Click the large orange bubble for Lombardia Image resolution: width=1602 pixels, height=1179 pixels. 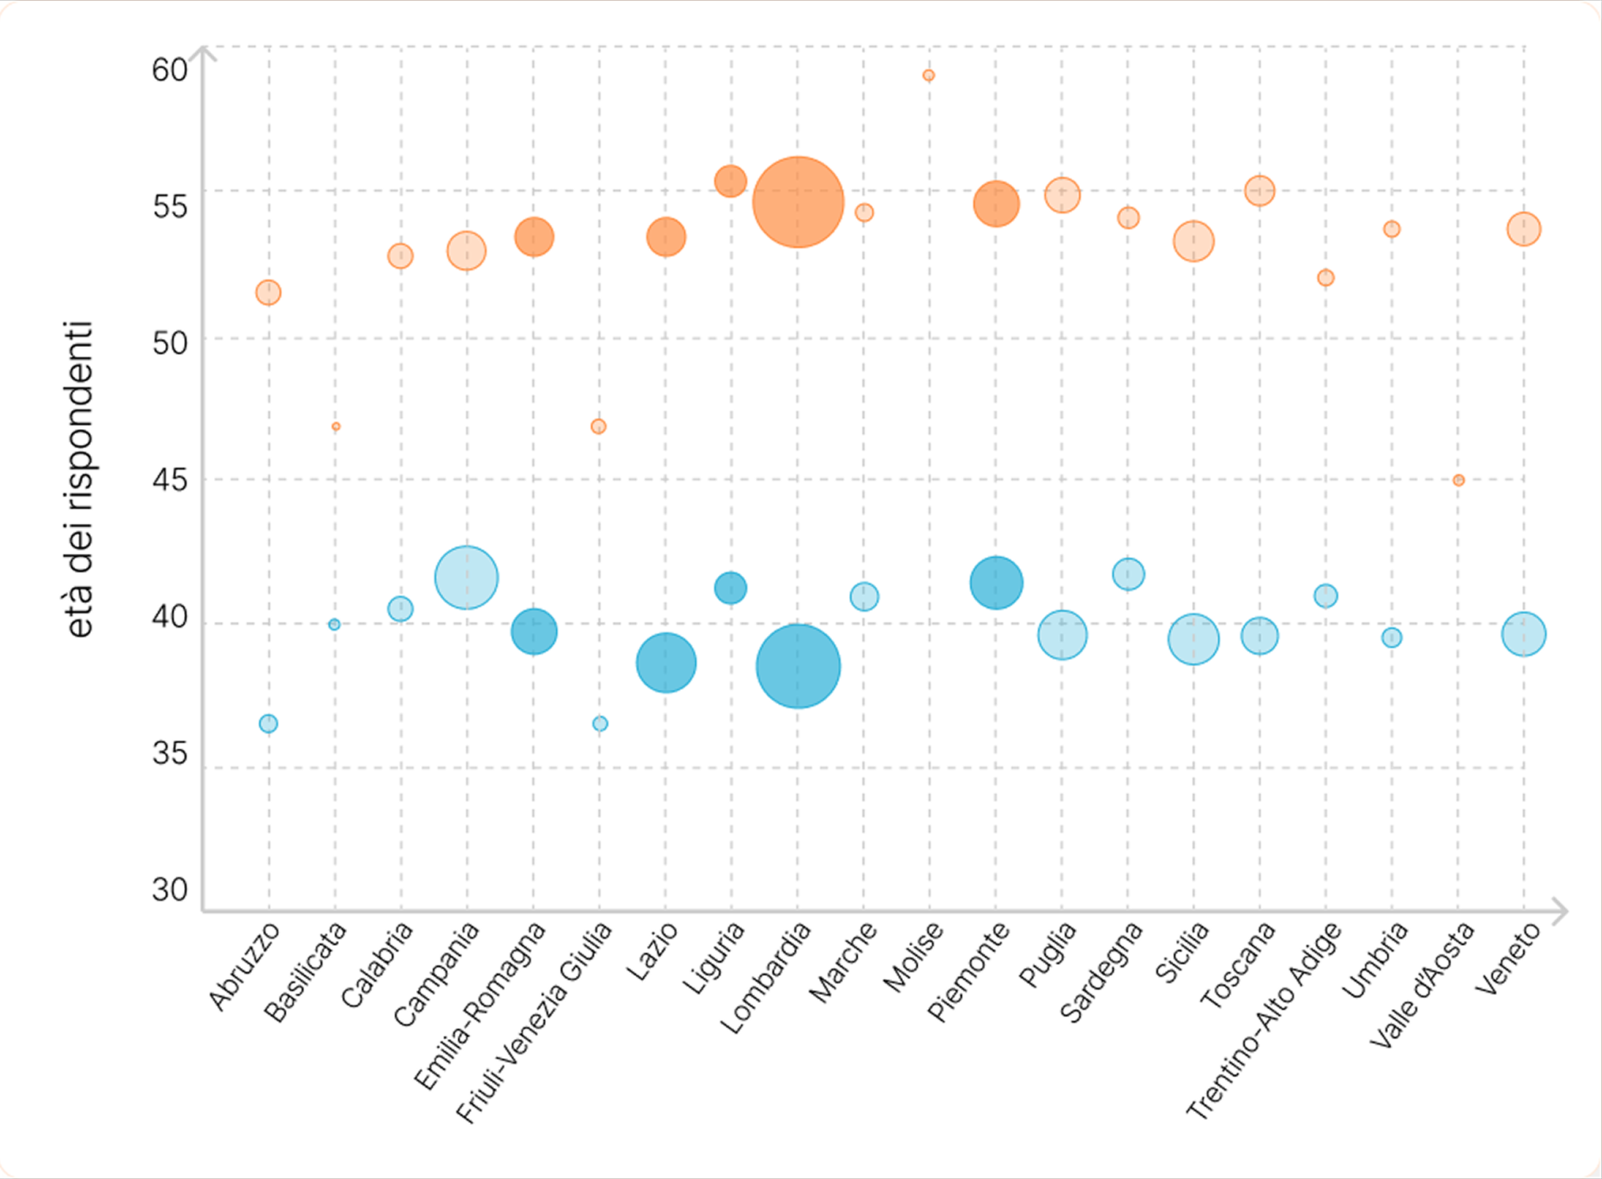(x=798, y=202)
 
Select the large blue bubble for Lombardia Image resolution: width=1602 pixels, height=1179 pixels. (x=798, y=666)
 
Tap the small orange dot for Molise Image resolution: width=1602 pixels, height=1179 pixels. (x=929, y=76)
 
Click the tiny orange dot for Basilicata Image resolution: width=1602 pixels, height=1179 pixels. (x=336, y=427)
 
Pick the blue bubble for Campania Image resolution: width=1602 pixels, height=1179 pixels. (x=466, y=578)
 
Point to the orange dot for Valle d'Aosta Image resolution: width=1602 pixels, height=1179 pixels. (x=1458, y=480)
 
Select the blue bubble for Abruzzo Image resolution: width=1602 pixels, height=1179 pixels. (x=269, y=724)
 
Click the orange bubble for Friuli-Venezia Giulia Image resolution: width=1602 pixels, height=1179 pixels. (x=599, y=427)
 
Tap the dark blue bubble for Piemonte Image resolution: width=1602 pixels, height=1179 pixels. (x=996, y=583)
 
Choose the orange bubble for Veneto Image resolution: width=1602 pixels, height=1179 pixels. (x=1524, y=229)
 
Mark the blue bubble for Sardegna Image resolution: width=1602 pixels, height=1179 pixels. (x=1128, y=574)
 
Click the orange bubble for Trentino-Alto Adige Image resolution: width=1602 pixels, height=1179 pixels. (x=1326, y=277)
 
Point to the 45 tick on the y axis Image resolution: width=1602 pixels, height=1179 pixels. (x=170, y=480)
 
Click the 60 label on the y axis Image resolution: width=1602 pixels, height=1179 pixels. (x=170, y=70)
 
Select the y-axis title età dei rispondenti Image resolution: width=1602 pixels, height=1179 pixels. (x=79, y=479)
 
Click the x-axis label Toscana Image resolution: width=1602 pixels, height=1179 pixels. (x=1238, y=966)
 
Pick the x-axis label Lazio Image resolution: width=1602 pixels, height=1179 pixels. (x=653, y=952)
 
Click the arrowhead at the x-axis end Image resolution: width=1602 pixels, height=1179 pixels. (x=1560, y=911)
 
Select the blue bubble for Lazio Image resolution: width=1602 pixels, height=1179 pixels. (x=666, y=663)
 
